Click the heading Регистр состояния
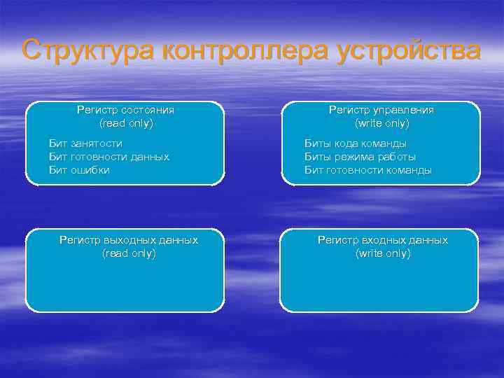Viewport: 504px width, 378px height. (125, 110)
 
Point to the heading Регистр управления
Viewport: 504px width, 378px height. (381, 110)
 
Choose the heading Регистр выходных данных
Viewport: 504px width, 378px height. (129, 240)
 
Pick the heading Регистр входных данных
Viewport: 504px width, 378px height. (382, 240)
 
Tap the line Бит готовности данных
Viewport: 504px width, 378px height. (108, 157)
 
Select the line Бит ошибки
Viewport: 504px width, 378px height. (79, 170)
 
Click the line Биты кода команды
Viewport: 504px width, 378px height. (355, 143)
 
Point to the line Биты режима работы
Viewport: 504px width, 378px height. (359, 157)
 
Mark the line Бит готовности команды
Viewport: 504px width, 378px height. (367, 170)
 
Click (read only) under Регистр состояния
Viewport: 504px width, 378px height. (126, 123)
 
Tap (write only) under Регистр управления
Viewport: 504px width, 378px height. (382, 123)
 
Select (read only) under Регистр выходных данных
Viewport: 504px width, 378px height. (129, 253)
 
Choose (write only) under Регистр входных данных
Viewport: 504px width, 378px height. (383, 253)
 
